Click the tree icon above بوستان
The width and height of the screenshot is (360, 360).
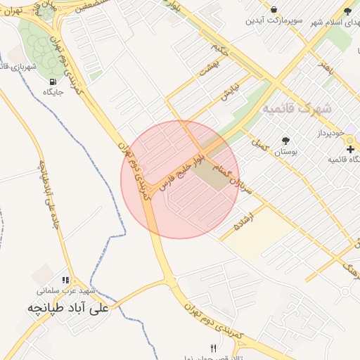(x=285, y=141)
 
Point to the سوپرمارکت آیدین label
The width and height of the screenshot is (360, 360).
(x=274, y=20)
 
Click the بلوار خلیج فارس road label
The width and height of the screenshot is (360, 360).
(x=181, y=168)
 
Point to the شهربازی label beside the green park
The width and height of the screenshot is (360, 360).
(x=22, y=66)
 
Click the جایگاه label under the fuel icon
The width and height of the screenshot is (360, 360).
(x=53, y=91)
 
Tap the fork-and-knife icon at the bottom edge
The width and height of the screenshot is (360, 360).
(x=214, y=348)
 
